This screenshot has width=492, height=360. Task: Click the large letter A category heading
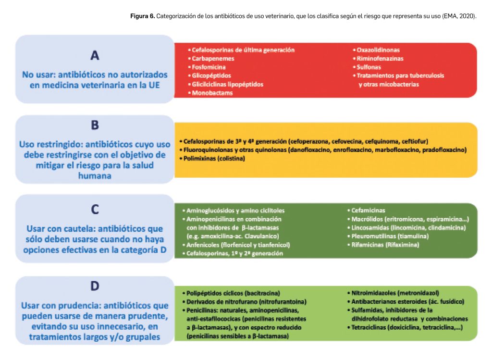coord(95,55)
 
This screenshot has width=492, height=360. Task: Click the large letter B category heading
coord(95,125)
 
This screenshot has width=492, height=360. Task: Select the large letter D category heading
coord(95,286)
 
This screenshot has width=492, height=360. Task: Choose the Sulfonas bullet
coord(369,67)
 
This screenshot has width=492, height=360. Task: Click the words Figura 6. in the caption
coord(142,16)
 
